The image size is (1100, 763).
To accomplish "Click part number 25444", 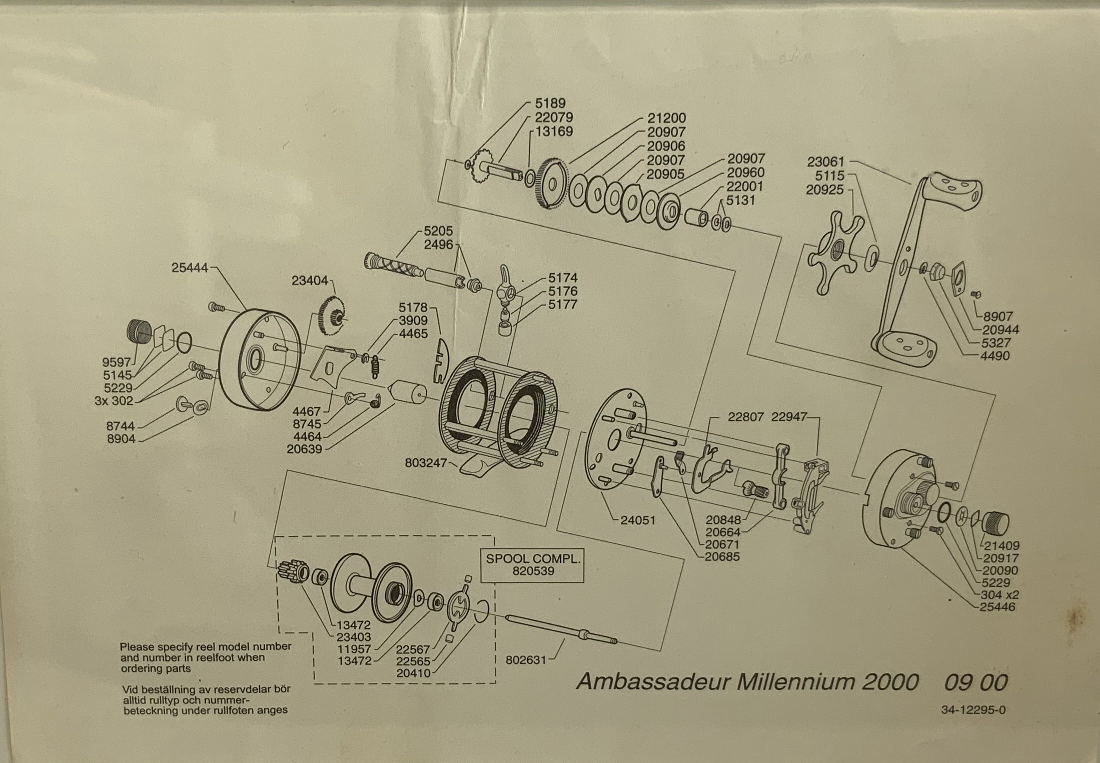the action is click(x=189, y=268).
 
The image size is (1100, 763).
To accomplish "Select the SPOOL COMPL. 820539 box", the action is click(x=533, y=565).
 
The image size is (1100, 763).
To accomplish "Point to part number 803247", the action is click(x=425, y=463).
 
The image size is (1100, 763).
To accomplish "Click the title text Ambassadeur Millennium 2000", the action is click(x=747, y=682).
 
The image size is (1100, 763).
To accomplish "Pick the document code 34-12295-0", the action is click(x=973, y=710).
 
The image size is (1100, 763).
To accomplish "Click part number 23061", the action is click(x=825, y=162).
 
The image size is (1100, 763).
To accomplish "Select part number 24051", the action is click(x=637, y=520).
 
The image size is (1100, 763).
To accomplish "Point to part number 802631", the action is click(x=526, y=660).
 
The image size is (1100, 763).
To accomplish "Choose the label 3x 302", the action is click(x=114, y=401).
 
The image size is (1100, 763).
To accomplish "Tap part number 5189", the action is click(x=550, y=104).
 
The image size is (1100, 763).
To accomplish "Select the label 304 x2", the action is click(x=1000, y=595).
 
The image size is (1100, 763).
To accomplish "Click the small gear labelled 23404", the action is click(x=331, y=316).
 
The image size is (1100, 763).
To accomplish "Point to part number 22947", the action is click(x=789, y=417).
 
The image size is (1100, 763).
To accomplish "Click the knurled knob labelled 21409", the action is click(x=996, y=523).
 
